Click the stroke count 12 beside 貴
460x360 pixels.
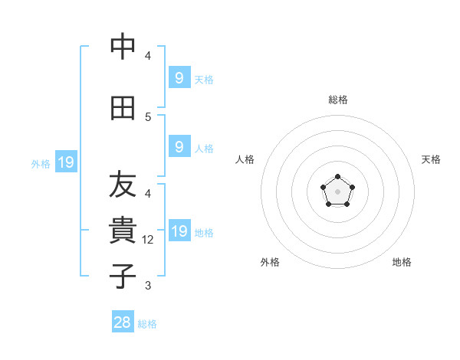149,240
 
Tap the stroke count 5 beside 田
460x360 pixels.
148,117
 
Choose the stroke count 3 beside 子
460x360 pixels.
148,286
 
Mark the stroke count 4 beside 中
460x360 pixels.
148,56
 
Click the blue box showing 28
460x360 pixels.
123,322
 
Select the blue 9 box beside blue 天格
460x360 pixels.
179,77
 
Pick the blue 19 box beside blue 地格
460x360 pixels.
179,231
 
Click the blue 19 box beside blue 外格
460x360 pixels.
65,162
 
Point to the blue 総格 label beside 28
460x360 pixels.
147,324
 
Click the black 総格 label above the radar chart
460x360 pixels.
337,100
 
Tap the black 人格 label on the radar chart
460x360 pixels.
245,159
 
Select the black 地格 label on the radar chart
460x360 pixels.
402,262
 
